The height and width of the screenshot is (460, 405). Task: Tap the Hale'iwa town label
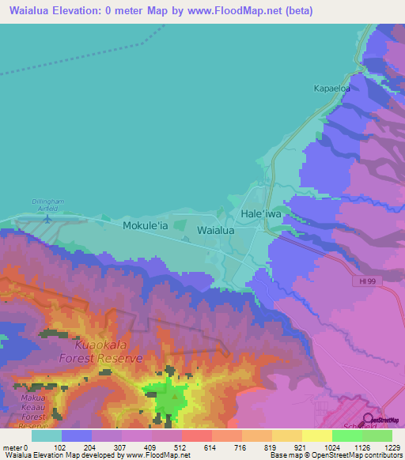pos(260,214)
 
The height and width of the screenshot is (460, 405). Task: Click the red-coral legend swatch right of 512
pos(196,435)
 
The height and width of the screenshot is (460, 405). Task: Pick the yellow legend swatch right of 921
pos(317,435)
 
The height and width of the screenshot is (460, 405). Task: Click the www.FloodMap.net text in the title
pos(237,11)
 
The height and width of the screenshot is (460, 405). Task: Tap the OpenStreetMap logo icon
pos(367,420)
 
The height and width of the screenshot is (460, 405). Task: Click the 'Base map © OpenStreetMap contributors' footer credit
pos(333,455)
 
